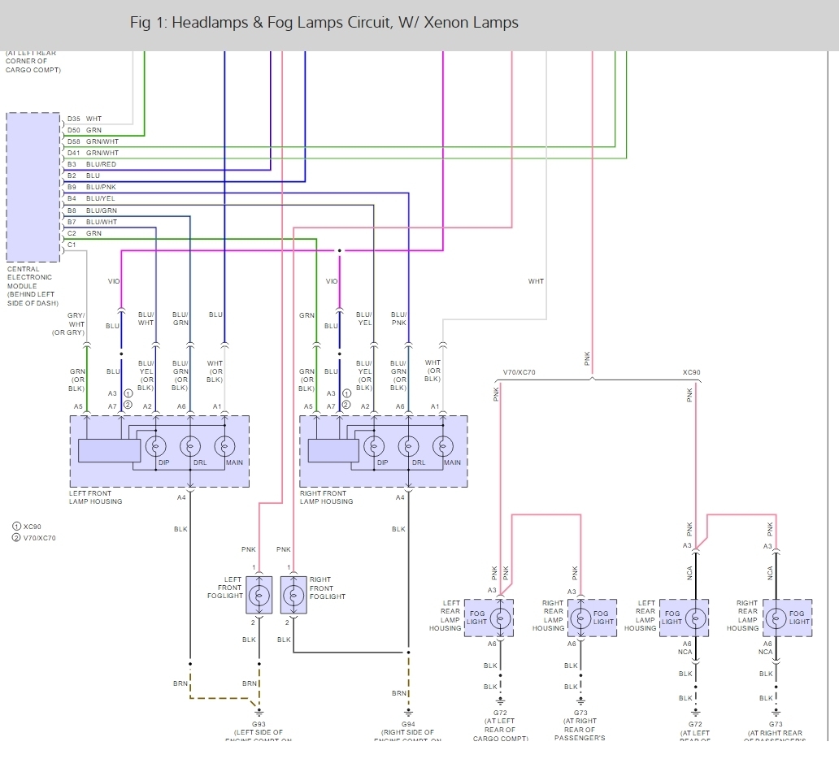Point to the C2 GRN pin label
click(85, 233)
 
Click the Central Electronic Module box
click(33, 187)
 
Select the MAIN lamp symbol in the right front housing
click(443, 446)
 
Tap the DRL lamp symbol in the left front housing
click(190, 446)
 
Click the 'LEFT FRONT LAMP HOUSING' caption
click(96, 497)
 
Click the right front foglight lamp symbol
click(293, 595)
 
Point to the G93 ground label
click(259, 724)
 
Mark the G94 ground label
click(408, 724)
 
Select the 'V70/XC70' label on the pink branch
click(520, 373)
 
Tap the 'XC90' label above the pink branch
click(691, 373)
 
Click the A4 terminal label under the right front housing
click(400, 497)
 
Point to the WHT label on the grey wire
click(536, 281)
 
